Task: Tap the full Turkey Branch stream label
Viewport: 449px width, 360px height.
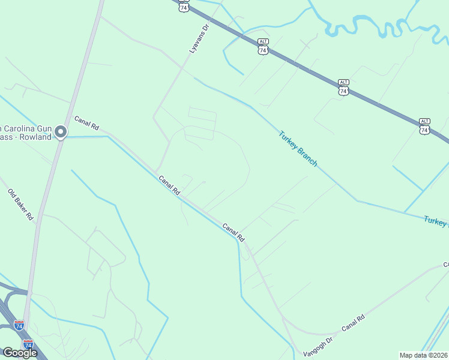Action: coord(298,149)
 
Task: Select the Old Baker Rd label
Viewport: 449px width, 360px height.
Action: coord(20,204)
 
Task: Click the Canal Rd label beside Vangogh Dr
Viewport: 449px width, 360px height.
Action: coord(353,325)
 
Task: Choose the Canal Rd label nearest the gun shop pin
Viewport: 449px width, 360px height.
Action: coord(86,123)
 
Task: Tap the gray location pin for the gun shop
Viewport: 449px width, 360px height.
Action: coord(60,131)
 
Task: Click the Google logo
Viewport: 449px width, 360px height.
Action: coord(19,353)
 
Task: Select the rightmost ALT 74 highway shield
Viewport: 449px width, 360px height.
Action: coord(424,126)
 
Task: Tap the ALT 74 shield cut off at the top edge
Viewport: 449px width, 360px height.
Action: coord(184,6)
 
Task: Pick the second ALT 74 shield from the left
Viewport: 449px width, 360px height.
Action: coord(263,47)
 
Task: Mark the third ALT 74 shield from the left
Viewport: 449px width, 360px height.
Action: coord(343,87)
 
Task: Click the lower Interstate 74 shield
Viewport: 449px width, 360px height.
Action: coord(28,344)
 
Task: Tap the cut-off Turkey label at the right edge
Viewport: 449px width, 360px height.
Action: coord(436,221)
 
